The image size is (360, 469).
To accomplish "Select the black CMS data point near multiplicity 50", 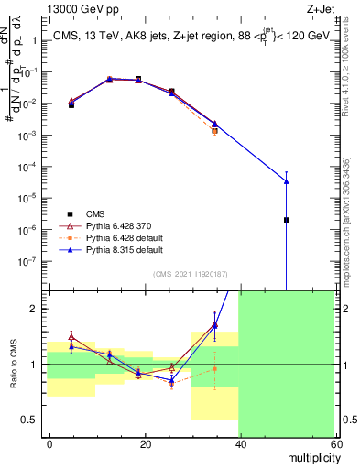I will [287, 220].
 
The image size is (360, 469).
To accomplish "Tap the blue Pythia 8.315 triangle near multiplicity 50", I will [287, 180].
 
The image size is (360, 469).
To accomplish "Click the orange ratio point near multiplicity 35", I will [215, 369].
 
